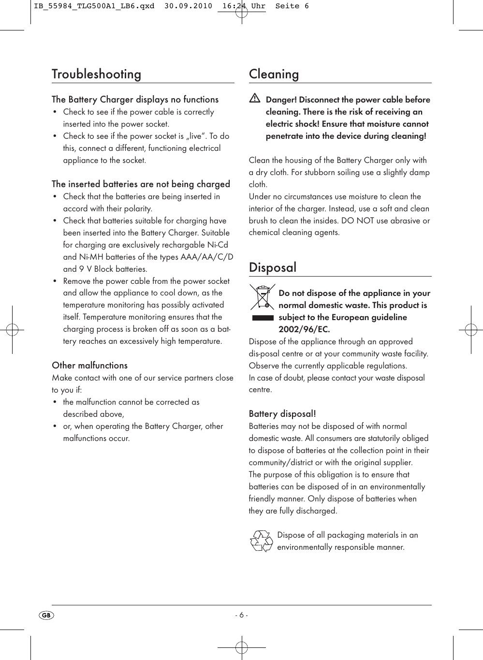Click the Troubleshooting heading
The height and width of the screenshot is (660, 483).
(97, 74)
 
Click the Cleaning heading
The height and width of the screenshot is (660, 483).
(274, 74)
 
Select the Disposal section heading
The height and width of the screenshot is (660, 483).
(273, 267)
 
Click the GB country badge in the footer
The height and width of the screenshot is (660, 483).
(46, 616)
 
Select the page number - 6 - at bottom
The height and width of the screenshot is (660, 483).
(241, 616)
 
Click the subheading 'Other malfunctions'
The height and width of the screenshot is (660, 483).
(90, 366)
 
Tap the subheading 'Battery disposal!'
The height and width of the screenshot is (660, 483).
(282, 414)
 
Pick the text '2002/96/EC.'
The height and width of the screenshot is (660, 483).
(304, 329)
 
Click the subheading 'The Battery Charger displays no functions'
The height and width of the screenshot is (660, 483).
(135, 100)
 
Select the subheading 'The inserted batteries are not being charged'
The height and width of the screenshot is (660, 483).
(141, 184)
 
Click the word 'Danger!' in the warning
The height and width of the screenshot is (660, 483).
(281, 100)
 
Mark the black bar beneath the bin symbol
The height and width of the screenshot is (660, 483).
(263, 318)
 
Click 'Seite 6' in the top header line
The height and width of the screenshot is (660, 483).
(292, 6)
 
